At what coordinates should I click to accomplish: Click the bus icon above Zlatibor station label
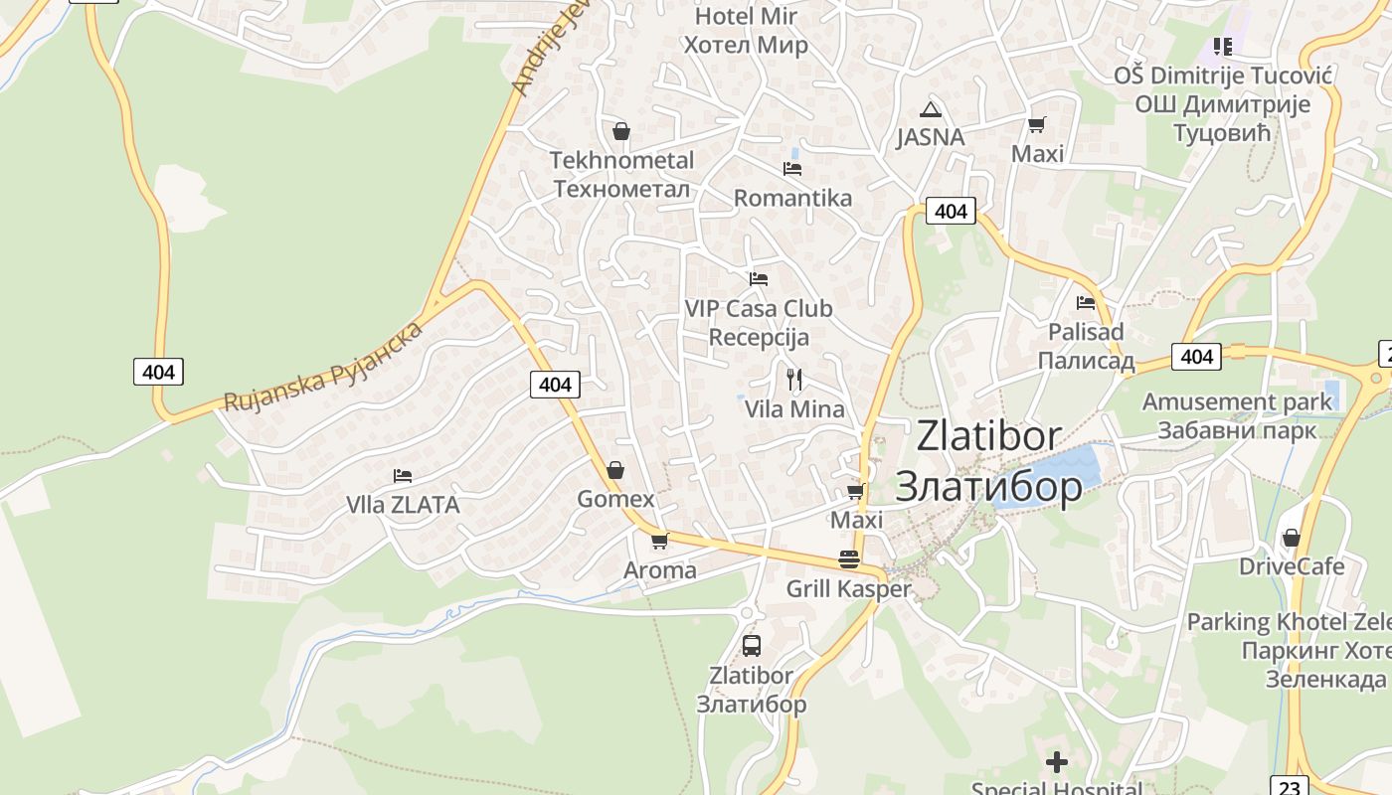(x=752, y=645)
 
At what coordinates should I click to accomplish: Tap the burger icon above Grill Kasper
(x=848, y=559)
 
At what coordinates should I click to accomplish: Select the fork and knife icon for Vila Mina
(x=793, y=379)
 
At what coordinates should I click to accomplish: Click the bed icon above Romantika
(x=791, y=168)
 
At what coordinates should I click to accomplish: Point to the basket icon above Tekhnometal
(x=621, y=130)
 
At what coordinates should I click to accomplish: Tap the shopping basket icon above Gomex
(x=615, y=469)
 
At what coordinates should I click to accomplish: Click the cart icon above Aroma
(x=659, y=541)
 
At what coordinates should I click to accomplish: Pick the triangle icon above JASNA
(x=930, y=109)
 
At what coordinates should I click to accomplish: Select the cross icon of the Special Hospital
(x=1057, y=762)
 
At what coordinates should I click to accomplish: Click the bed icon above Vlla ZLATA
(x=403, y=475)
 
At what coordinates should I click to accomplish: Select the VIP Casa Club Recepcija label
(x=759, y=322)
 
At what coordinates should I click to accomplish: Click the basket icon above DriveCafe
(x=1291, y=538)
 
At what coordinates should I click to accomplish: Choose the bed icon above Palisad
(x=1086, y=302)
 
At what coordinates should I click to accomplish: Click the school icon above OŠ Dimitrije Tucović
(x=1222, y=46)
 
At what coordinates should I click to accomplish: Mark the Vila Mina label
(x=794, y=408)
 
